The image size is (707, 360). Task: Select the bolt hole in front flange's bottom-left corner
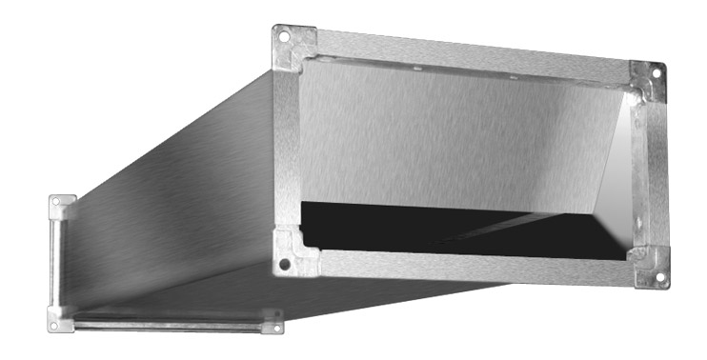(282, 264)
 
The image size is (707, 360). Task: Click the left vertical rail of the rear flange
(57, 262)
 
